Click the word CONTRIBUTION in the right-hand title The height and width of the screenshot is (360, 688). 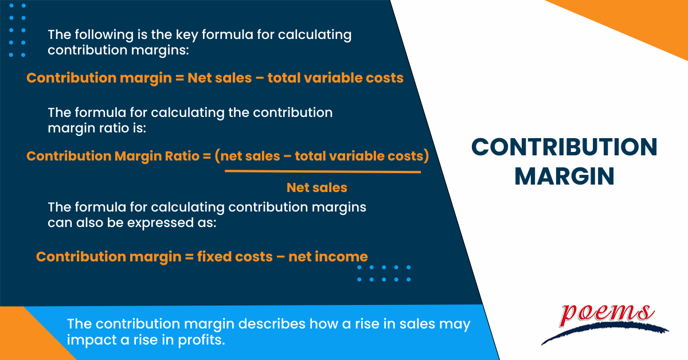[x=564, y=147]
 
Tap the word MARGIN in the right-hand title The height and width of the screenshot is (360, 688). [x=564, y=176]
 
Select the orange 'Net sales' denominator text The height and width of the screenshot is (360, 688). [x=316, y=187]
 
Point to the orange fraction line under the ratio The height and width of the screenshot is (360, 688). [x=322, y=171]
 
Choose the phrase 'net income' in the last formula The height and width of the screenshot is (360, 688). [x=328, y=256]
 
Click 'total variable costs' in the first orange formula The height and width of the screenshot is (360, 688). [x=335, y=77]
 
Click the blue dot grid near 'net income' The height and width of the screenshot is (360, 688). [x=384, y=273]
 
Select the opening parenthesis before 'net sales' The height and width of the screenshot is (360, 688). [x=218, y=156]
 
